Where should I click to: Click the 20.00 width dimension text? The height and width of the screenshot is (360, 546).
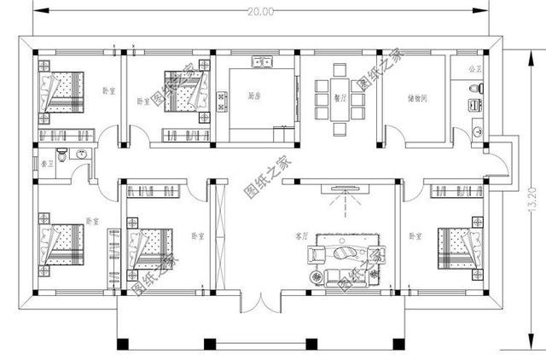click(x=263, y=11)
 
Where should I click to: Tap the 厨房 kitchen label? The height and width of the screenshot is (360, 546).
click(x=253, y=95)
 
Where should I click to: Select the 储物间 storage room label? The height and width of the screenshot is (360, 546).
click(x=417, y=98)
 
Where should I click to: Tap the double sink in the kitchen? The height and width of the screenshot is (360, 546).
click(x=262, y=62)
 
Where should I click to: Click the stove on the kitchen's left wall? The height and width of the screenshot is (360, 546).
click(x=223, y=102)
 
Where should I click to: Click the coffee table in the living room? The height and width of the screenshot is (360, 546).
click(x=347, y=253)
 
